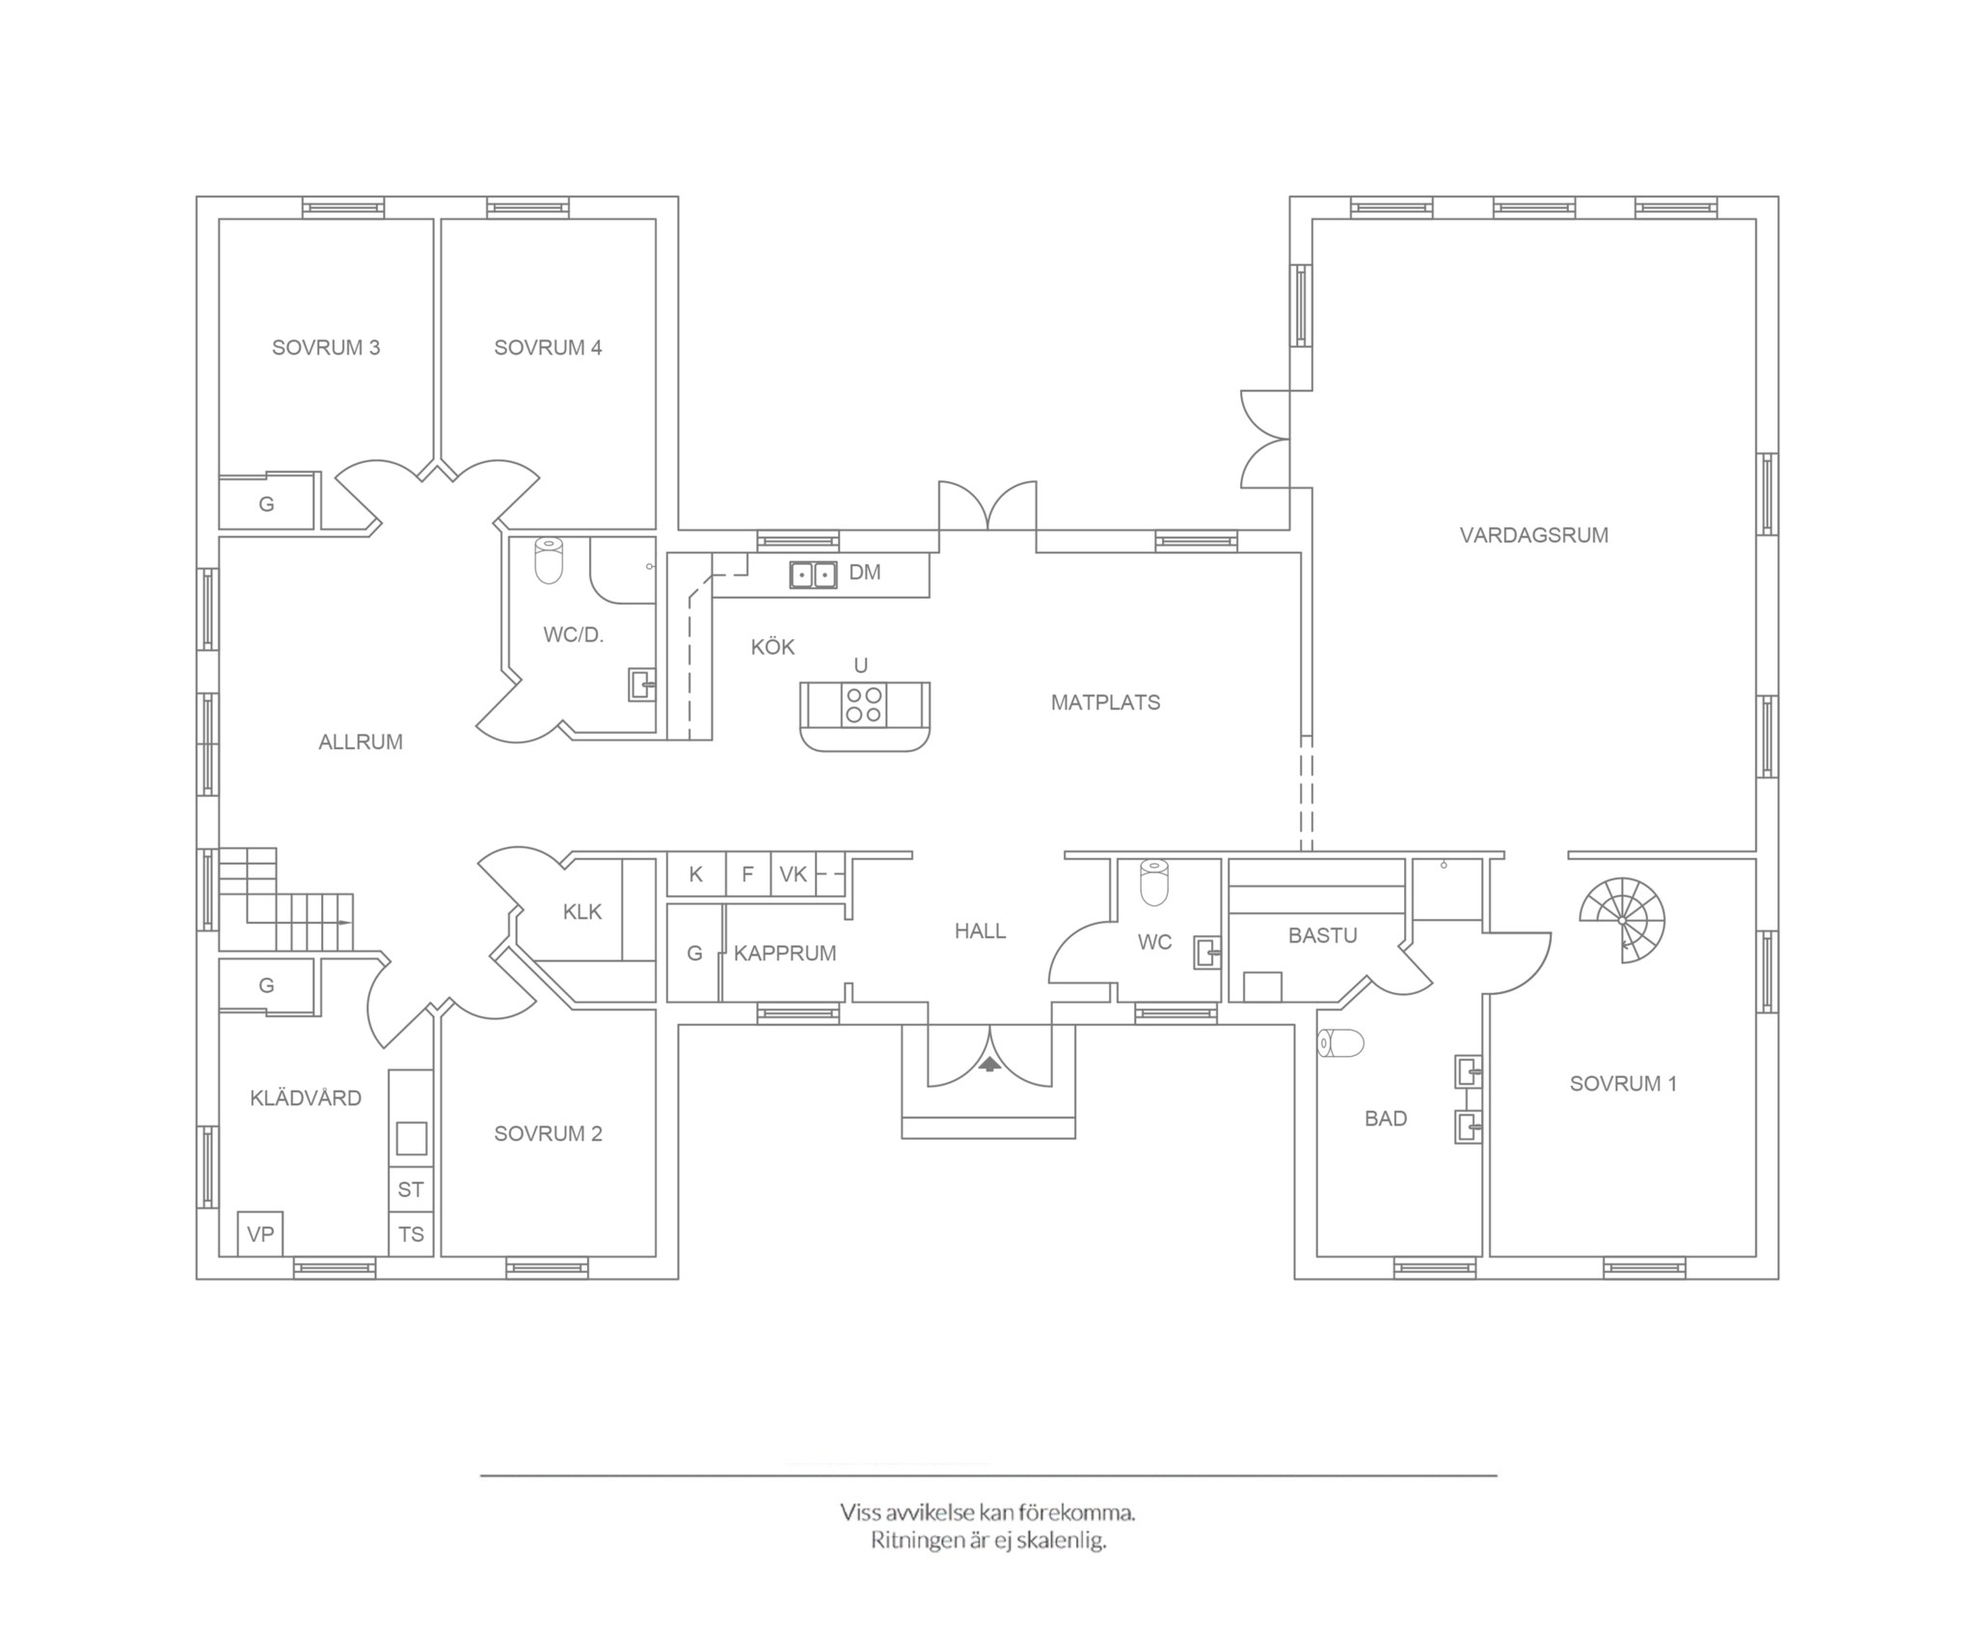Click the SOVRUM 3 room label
click(x=326, y=348)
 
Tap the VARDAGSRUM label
click(x=1533, y=535)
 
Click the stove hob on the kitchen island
click(x=864, y=704)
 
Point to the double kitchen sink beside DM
click(x=813, y=574)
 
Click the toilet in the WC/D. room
click(x=548, y=560)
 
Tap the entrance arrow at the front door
click(x=989, y=1065)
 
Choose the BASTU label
click(x=1322, y=935)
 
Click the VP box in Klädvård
click(x=260, y=1234)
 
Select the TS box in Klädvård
click(x=411, y=1235)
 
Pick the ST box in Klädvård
click(x=411, y=1190)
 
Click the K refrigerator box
click(x=696, y=875)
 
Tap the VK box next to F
click(x=794, y=875)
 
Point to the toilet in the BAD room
click(x=1341, y=1043)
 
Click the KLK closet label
click(x=582, y=912)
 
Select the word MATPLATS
click(x=1105, y=703)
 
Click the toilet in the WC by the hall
click(x=1154, y=882)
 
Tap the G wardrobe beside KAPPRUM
click(x=694, y=953)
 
